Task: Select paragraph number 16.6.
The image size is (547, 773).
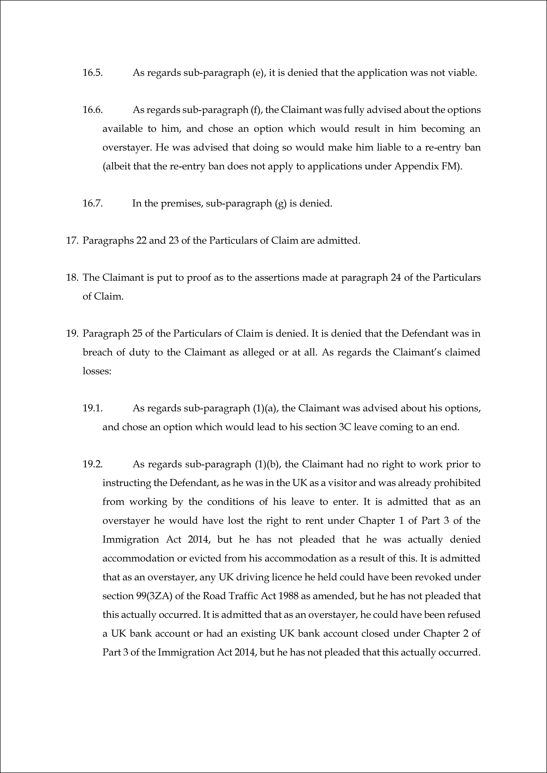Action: coord(92,110)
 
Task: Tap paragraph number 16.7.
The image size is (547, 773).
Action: coord(92,203)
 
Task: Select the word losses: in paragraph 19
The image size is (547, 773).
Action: coord(97,371)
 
